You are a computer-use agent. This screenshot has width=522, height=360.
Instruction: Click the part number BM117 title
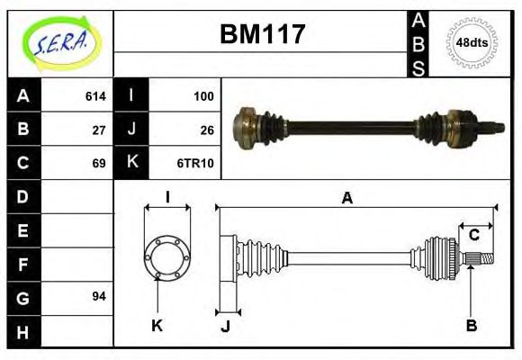(263, 35)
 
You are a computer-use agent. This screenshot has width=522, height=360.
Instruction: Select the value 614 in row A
(94, 95)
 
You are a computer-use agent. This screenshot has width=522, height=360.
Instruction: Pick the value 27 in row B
(99, 130)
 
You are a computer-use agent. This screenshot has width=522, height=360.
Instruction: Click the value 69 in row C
(99, 163)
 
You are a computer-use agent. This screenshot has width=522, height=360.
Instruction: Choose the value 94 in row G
(99, 296)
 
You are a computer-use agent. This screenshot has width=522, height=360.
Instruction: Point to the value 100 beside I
(202, 95)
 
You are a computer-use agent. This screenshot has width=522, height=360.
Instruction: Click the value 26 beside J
(206, 130)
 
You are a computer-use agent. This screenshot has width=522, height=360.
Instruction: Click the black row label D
(23, 196)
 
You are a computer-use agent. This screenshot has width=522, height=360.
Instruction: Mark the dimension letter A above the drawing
(346, 199)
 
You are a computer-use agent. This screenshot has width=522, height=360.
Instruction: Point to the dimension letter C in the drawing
(473, 236)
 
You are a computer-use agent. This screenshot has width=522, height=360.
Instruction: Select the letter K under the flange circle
(157, 325)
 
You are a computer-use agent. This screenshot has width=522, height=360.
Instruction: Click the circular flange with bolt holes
(167, 256)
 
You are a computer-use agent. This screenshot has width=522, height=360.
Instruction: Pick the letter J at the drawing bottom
(225, 326)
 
